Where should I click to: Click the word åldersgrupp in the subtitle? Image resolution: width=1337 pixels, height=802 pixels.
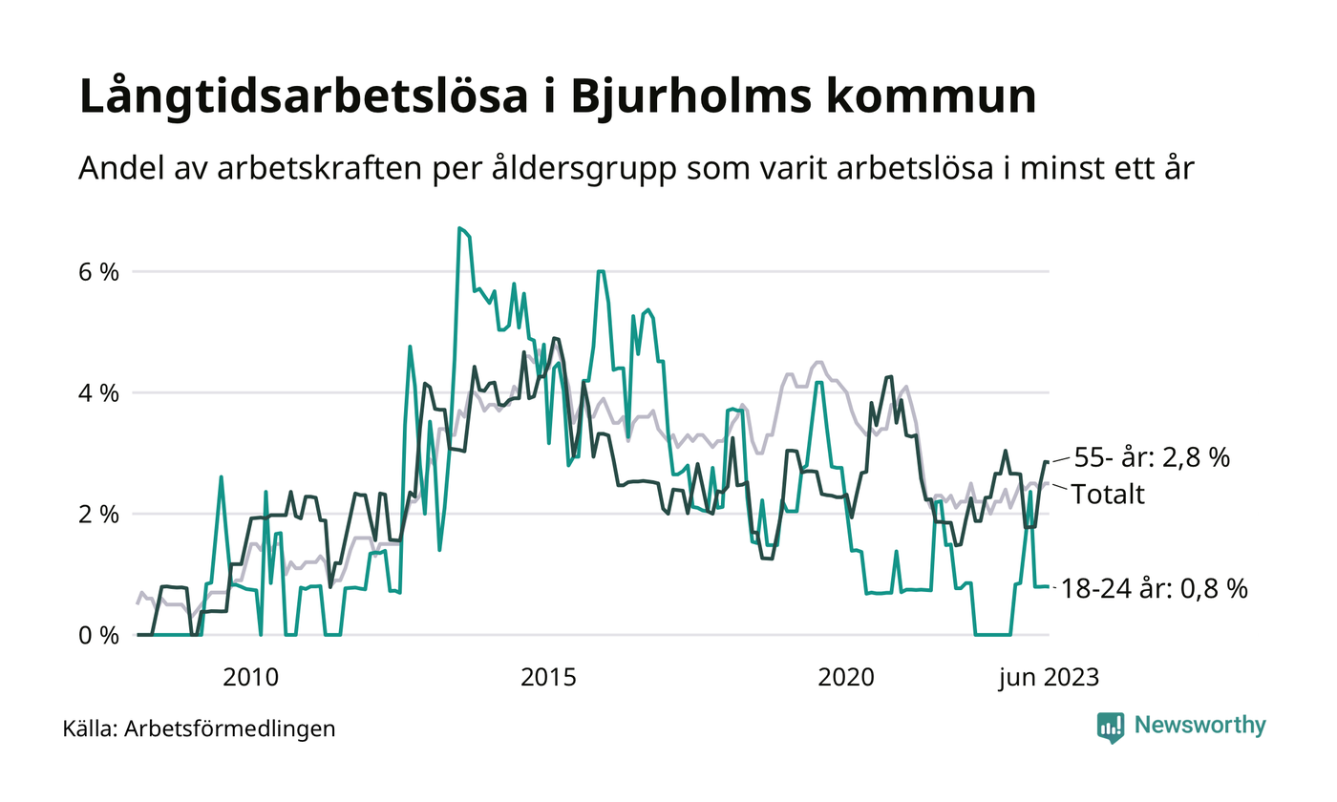pyautogui.click(x=681, y=169)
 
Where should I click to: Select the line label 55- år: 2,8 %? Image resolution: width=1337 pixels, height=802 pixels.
pyautogui.click(x=1151, y=457)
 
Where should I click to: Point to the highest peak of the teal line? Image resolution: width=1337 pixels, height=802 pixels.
pyautogui.click(x=459, y=228)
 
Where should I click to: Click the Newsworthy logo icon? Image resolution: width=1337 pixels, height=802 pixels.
pyautogui.click(x=1111, y=728)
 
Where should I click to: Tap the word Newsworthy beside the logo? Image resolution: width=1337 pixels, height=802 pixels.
pyautogui.click(x=1199, y=726)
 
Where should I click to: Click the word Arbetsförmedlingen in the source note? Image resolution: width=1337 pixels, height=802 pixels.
pyautogui.click(x=230, y=729)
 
